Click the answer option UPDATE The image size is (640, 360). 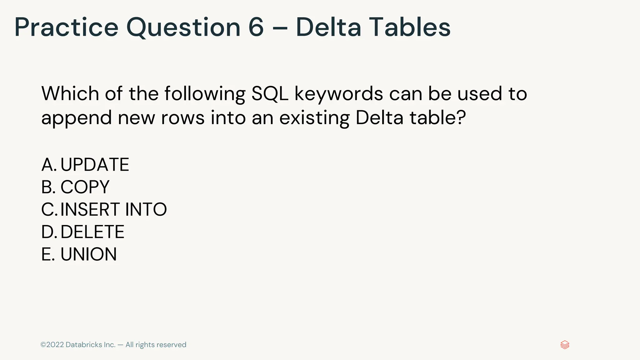coord(94,165)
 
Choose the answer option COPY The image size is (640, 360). coord(85,187)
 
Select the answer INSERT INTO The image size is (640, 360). coord(113,209)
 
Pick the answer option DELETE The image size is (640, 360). coord(92,232)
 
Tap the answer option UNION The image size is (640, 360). coord(88,254)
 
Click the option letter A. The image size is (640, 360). coord(48,165)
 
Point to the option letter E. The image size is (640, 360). coord(47,254)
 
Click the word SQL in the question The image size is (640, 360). coord(270,93)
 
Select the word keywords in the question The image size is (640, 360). coord(339,94)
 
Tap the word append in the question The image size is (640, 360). coord(77,118)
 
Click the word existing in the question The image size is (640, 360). coord(314,118)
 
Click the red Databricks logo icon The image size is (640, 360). coord(565,345)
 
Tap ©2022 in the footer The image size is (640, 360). coord(52,345)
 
